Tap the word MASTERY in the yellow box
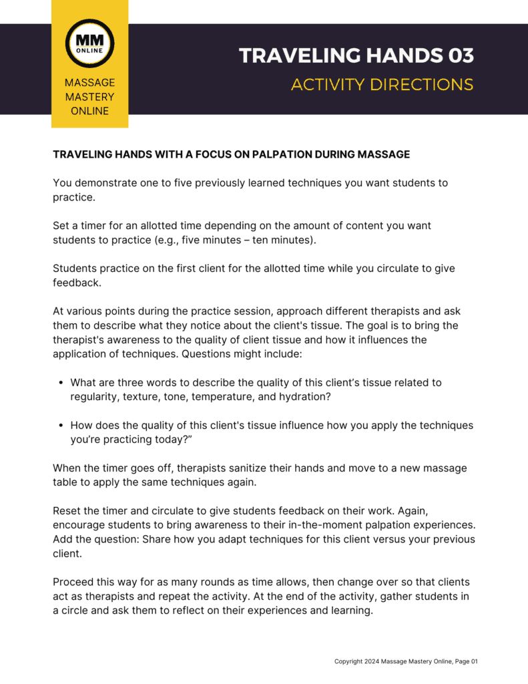(x=89, y=97)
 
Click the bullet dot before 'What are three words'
(x=61, y=383)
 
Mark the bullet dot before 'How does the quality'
(x=61, y=425)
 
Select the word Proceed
(x=74, y=582)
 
